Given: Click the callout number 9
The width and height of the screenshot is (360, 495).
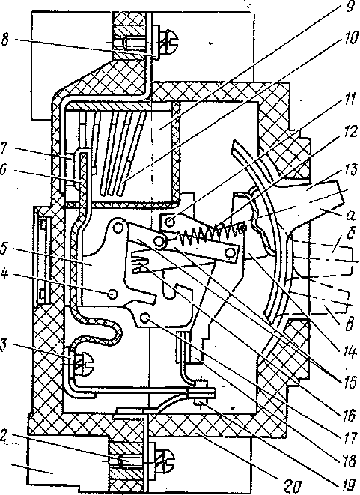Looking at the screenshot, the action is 350,7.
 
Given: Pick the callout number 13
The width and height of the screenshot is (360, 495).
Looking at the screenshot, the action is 349,171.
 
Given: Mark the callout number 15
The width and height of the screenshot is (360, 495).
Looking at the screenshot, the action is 349,383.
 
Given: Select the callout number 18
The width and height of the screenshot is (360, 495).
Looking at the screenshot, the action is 349,461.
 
